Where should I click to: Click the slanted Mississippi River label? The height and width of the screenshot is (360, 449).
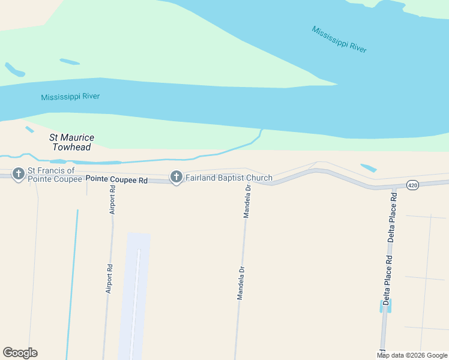(x=339, y=39)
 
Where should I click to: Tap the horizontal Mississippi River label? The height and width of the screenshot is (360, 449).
(x=70, y=97)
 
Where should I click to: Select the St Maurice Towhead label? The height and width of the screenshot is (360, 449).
(x=71, y=142)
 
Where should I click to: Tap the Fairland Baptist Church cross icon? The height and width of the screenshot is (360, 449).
(x=176, y=178)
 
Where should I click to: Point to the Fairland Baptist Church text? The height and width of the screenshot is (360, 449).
(x=229, y=178)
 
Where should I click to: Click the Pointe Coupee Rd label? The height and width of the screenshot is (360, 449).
(x=116, y=179)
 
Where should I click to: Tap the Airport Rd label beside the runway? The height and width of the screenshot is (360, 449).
(x=109, y=279)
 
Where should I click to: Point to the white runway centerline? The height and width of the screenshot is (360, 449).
(x=136, y=300)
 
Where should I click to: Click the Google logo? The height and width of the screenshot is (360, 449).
(x=20, y=353)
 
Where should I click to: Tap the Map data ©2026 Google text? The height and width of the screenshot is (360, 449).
(x=412, y=355)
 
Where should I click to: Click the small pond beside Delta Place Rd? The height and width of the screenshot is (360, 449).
(x=382, y=305)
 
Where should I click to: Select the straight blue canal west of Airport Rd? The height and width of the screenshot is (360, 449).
(x=73, y=282)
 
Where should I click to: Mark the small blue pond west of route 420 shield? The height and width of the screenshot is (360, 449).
(x=369, y=168)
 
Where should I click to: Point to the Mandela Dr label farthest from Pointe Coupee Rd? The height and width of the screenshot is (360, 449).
(x=241, y=283)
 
